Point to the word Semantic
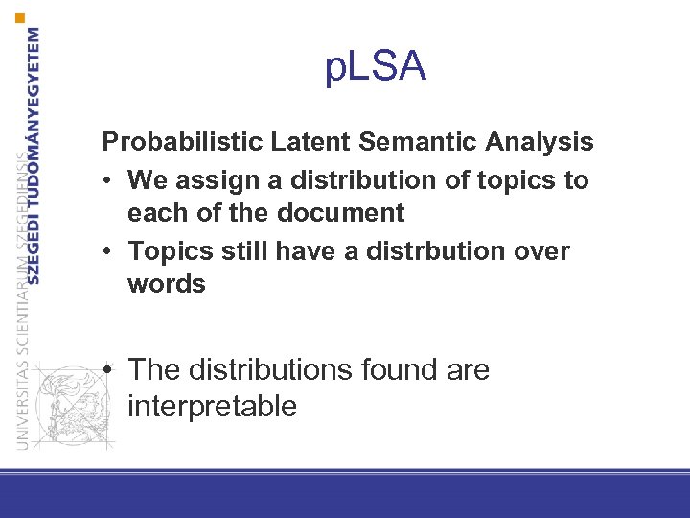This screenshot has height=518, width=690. [x=420, y=143]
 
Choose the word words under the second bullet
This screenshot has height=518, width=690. [x=166, y=284]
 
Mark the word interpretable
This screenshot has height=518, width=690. [x=212, y=406]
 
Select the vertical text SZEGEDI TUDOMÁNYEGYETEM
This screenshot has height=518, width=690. [x=34, y=153]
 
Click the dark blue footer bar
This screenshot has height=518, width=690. [x=345, y=497]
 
